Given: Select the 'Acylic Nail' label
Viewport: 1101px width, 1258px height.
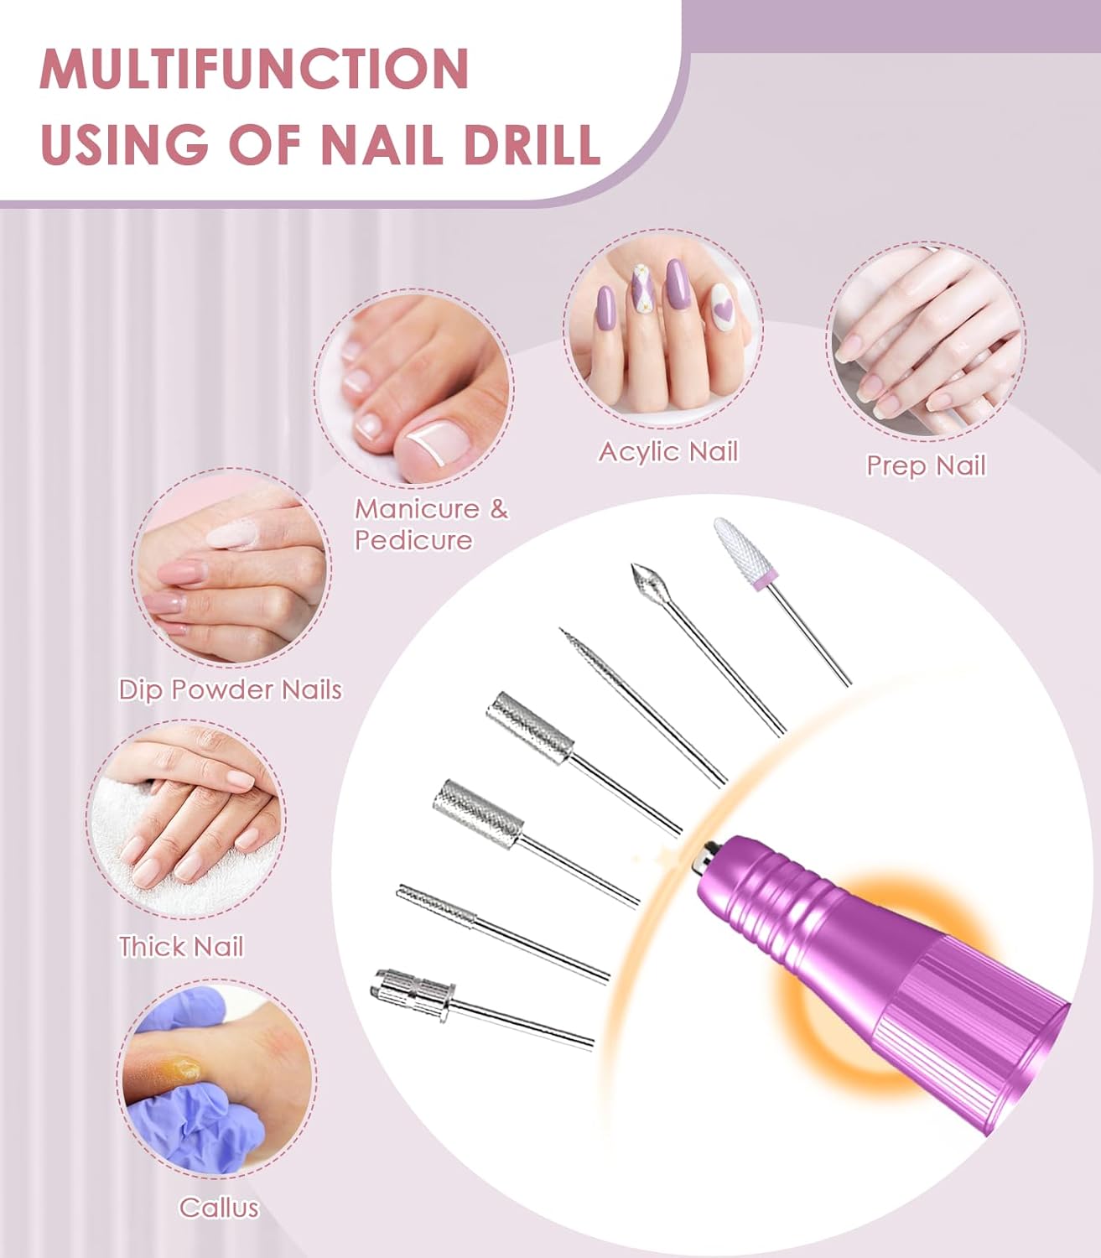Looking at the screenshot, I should (x=667, y=451).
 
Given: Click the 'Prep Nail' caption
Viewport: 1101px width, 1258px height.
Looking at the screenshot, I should (x=925, y=465).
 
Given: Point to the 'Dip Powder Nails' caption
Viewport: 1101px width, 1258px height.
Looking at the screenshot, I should (x=230, y=689).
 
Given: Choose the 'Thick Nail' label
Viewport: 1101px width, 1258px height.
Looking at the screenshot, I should (x=180, y=946).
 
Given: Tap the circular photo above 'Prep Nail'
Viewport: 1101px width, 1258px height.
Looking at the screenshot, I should (x=925, y=341).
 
